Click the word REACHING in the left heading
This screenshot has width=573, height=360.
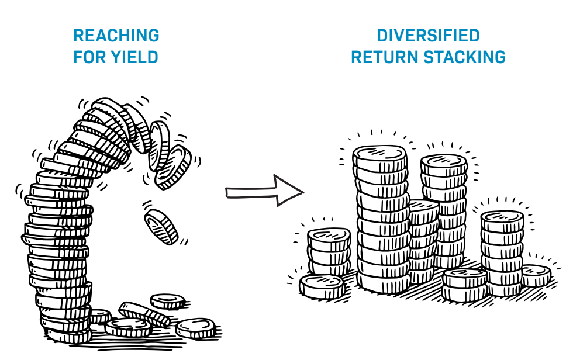coord(116,36)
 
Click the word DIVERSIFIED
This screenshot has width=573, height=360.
coord(428,36)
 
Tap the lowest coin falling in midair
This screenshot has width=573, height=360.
coord(161,226)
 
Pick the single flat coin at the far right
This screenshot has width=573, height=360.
coord(534,274)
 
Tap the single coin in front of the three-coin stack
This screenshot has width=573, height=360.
coord(321,286)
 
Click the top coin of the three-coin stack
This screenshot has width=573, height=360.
coord(329,237)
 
